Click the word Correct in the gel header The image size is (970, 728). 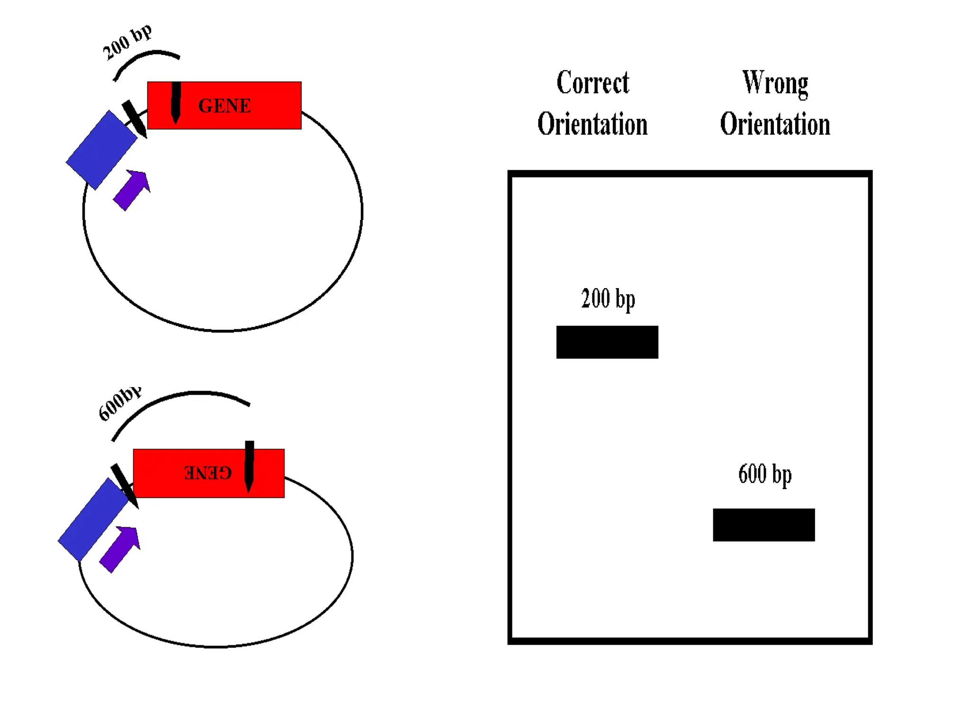593,83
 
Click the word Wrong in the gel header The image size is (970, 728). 775,83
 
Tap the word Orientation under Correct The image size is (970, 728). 592,124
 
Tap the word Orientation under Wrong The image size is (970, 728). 775,124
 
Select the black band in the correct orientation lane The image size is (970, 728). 607,342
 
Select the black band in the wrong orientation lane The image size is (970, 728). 763,525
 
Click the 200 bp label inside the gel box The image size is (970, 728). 608,299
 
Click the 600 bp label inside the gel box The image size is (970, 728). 764,474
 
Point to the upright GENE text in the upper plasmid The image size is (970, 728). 225,106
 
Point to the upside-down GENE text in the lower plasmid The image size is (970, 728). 208,473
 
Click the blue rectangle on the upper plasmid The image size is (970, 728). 101,150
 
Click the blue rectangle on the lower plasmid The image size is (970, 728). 93,519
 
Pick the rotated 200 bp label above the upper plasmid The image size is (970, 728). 127,42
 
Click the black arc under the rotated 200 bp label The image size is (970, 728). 142,57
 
